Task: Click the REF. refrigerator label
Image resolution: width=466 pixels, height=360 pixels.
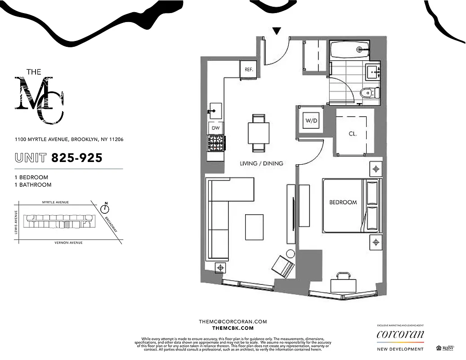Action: point(249,70)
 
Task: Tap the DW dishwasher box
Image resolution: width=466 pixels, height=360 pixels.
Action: point(215,128)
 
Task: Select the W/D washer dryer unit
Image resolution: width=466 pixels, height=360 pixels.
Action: point(311,121)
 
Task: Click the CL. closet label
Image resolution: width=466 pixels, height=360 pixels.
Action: point(353,134)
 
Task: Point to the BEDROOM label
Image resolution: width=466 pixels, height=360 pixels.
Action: point(343,202)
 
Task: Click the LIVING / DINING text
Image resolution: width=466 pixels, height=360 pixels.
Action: point(261,163)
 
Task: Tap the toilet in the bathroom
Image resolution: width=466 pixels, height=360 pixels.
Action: point(368,93)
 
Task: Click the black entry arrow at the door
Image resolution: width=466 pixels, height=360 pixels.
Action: point(277,31)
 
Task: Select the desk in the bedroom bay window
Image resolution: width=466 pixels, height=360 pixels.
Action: point(343,284)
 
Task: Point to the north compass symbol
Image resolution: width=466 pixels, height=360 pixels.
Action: point(105,208)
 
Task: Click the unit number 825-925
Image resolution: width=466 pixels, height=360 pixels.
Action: point(76,158)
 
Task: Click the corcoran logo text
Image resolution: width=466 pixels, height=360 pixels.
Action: point(400,335)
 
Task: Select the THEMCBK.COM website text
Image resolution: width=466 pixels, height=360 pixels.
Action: point(233,328)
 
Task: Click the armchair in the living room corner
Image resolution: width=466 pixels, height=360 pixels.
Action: point(283,266)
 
